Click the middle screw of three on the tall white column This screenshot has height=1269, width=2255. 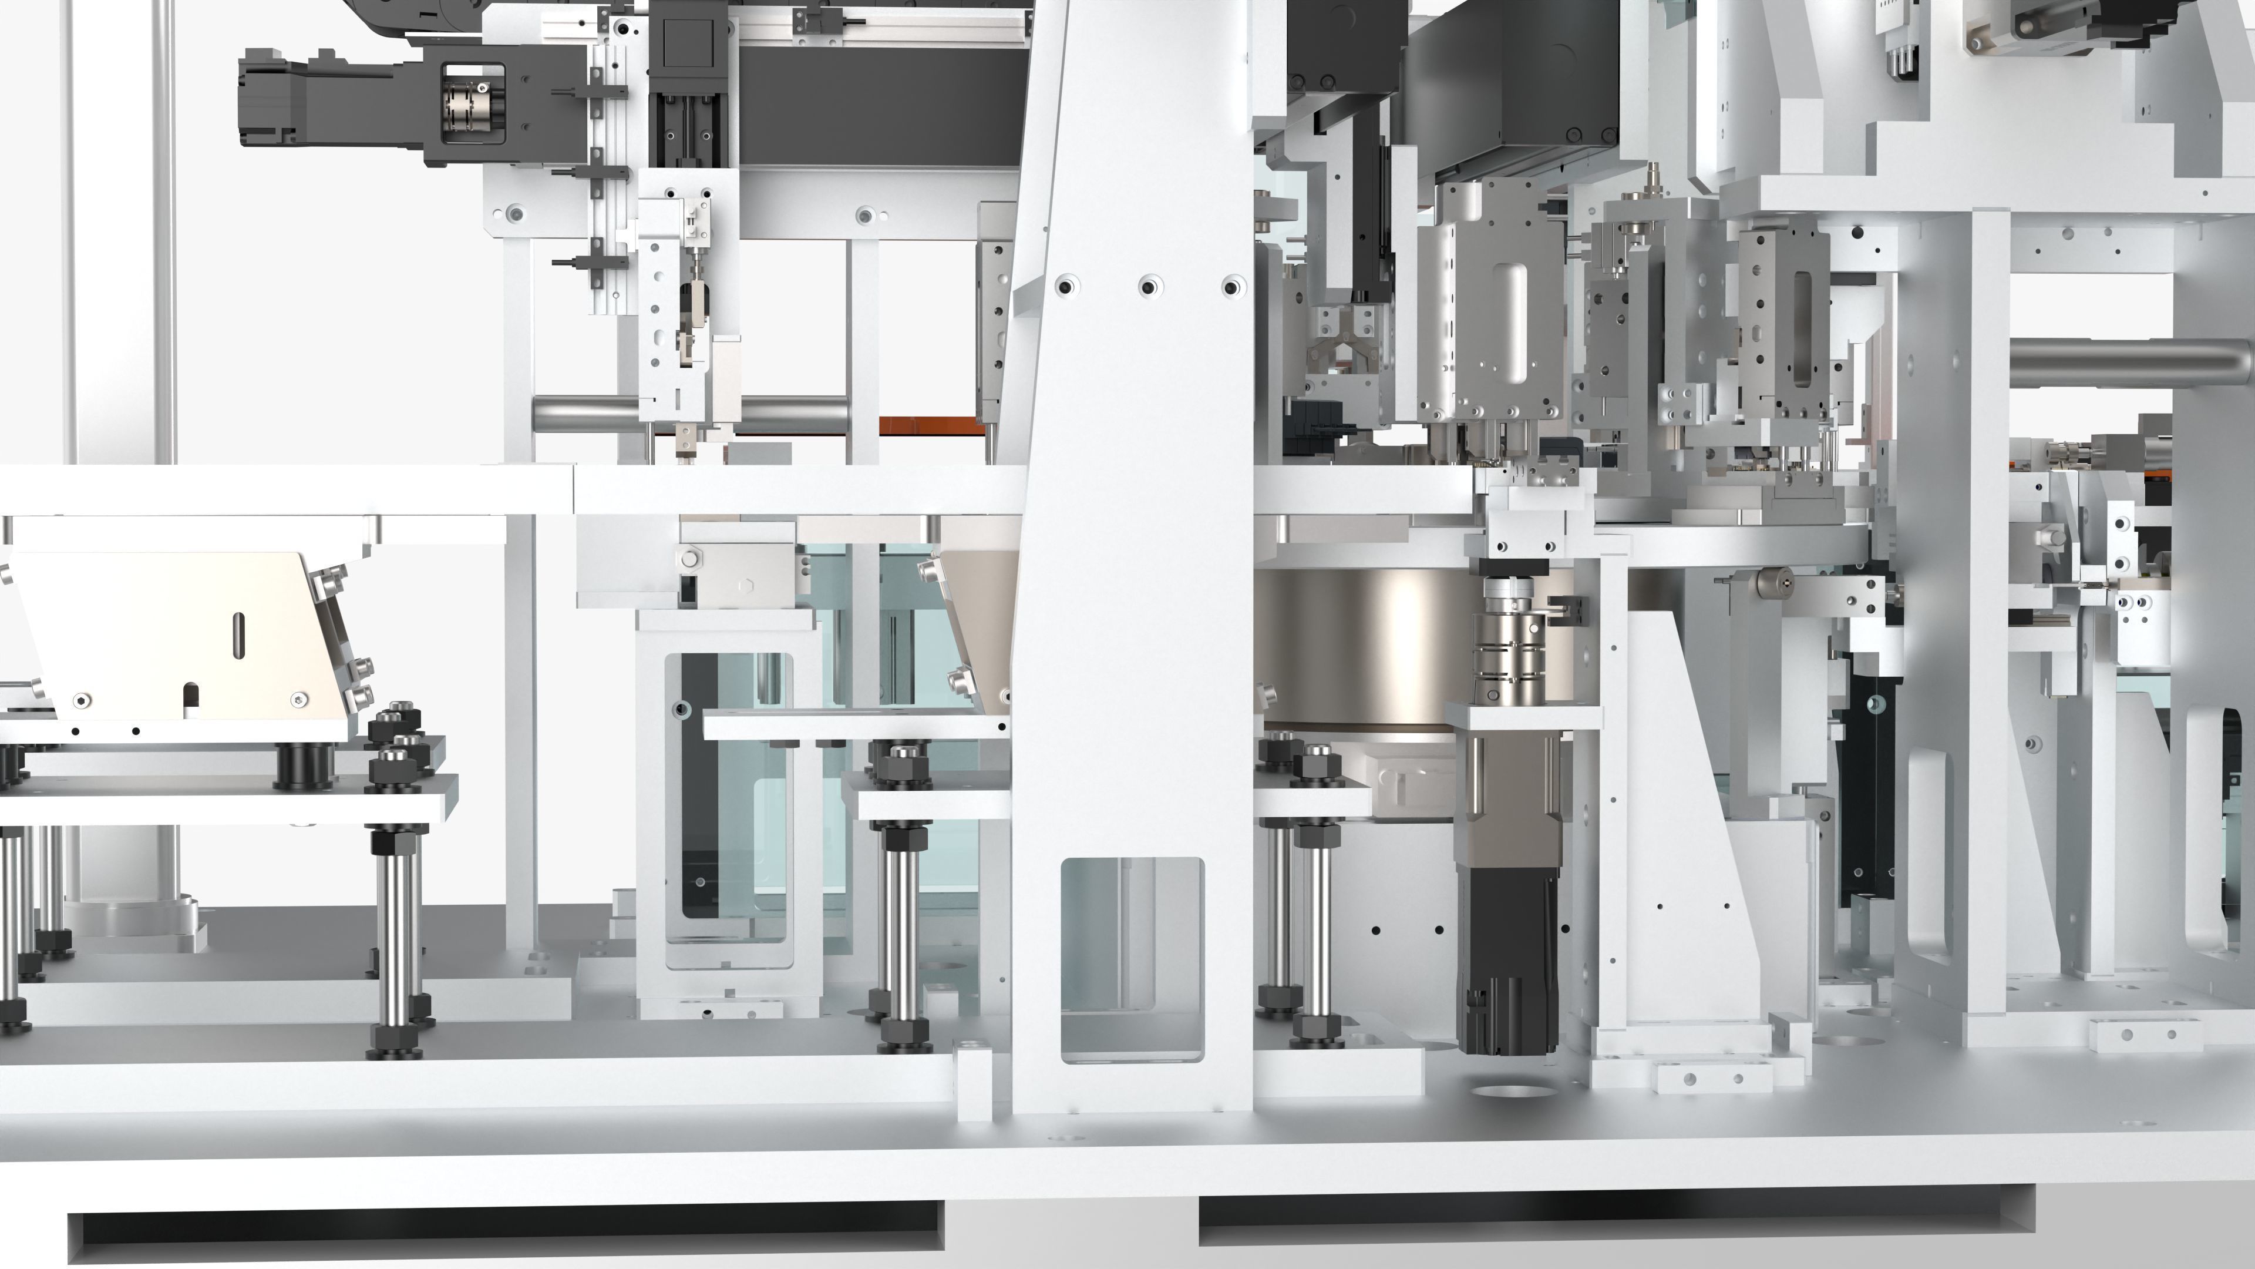[x=1149, y=286]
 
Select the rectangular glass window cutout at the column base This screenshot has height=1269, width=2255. [x=1132, y=959]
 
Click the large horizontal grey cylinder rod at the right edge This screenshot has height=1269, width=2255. [x=2127, y=362]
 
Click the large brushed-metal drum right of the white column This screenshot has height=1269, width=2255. [x=1365, y=648]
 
